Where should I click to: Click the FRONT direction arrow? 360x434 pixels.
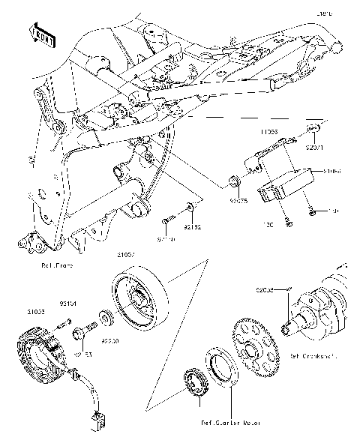click(x=42, y=34)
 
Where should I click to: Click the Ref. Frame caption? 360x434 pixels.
click(x=56, y=265)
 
